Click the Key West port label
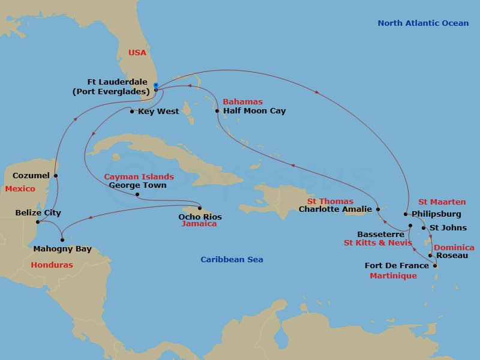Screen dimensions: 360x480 click(x=158, y=111)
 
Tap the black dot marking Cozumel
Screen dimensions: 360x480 click(x=56, y=176)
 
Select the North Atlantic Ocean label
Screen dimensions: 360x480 click(x=423, y=23)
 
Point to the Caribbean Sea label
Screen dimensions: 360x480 click(x=232, y=259)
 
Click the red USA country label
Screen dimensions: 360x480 click(x=137, y=53)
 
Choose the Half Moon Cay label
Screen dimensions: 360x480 click(x=254, y=111)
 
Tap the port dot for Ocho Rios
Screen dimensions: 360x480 click(x=199, y=209)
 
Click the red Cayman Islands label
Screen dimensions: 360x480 click(x=139, y=177)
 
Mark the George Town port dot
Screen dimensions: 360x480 click(x=137, y=194)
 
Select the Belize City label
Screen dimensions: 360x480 click(x=38, y=213)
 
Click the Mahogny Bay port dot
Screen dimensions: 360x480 click(x=62, y=240)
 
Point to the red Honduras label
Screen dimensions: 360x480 click(x=52, y=265)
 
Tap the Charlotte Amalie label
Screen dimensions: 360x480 click(x=335, y=209)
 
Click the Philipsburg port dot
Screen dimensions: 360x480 click(x=406, y=214)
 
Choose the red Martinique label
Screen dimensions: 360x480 click(x=393, y=275)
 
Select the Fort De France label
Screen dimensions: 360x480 click(x=397, y=266)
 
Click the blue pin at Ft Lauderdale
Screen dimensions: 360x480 click(x=155, y=85)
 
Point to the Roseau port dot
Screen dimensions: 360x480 click(x=430, y=255)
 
